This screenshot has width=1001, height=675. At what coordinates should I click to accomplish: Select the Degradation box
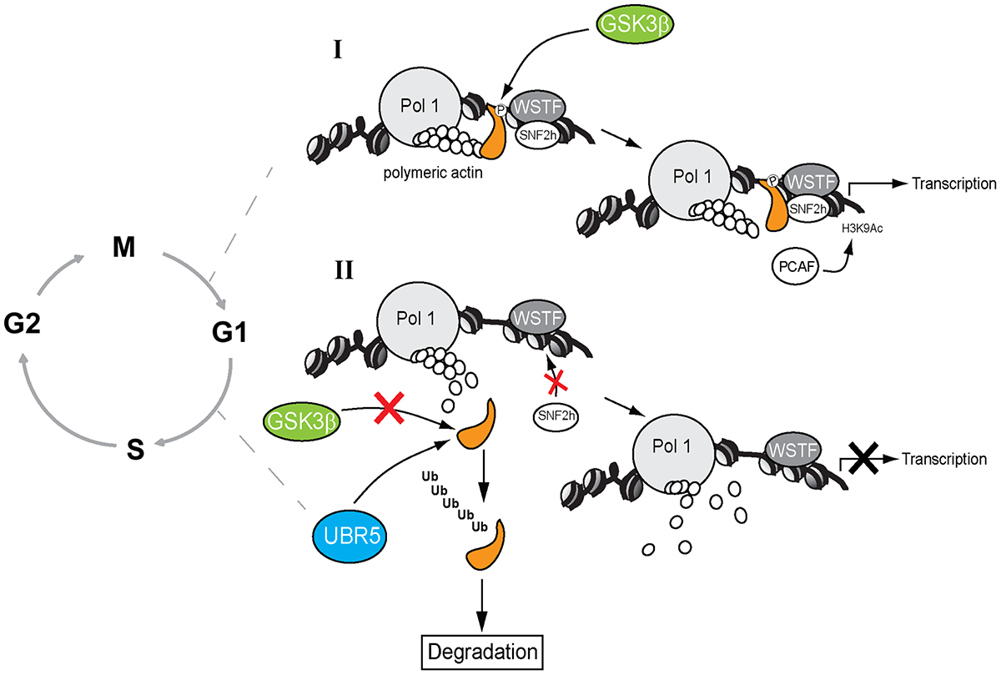tap(483, 647)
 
